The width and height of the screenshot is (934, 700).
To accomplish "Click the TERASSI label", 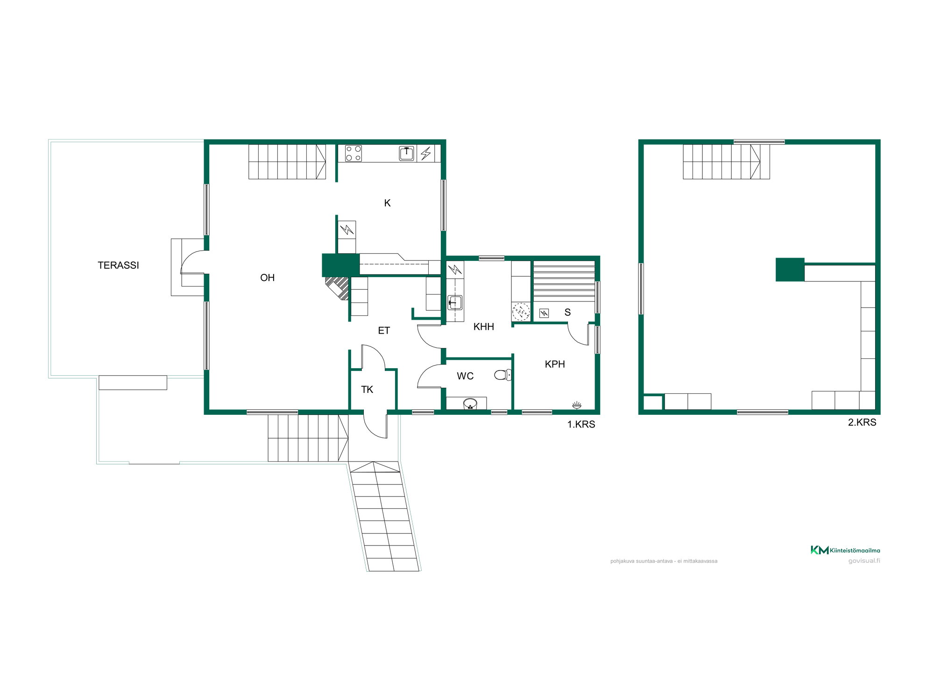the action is pyautogui.click(x=118, y=265).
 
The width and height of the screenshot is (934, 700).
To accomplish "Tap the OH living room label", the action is pyautogui.click(x=267, y=278).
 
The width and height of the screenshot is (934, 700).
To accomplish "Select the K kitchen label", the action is pyautogui.click(x=387, y=203).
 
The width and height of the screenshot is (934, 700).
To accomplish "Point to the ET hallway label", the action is pyautogui.click(x=384, y=330).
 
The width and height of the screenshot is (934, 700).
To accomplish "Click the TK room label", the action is pyautogui.click(x=367, y=389).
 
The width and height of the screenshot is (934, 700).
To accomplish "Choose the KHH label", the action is pyautogui.click(x=484, y=327).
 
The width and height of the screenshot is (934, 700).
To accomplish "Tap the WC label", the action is pyautogui.click(x=465, y=376).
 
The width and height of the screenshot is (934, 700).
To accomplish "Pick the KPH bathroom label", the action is pyautogui.click(x=555, y=364).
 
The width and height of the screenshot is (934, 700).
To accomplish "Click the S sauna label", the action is pyautogui.click(x=567, y=312).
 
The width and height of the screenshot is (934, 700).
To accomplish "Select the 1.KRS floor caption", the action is pyautogui.click(x=581, y=424).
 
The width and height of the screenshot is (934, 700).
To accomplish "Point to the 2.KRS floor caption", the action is pyautogui.click(x=862, y=422).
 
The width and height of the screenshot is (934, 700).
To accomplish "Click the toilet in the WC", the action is pyautogui.click(x=503, y=375).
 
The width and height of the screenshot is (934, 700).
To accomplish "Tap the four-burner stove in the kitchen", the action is pyautogui.click(x=354, y=154).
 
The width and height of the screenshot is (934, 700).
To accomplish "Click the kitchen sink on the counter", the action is pyautogui.click(x=407, y=153).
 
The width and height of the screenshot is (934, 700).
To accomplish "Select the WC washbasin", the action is pyautogui.click(x=470, y=404).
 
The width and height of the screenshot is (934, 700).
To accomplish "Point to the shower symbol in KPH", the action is pyautogui.click(x=577, y=405).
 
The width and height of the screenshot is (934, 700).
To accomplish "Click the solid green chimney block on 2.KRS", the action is pyautogui.click(x=790, y=270).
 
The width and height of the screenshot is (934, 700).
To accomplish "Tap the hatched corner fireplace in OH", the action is pyautogui.click(x=338, y=287).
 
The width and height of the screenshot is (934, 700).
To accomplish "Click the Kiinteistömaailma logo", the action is pyautogui.click(x=845, y=550).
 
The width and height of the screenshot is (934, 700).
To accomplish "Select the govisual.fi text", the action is pyautogui.click(x=864, y=561).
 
